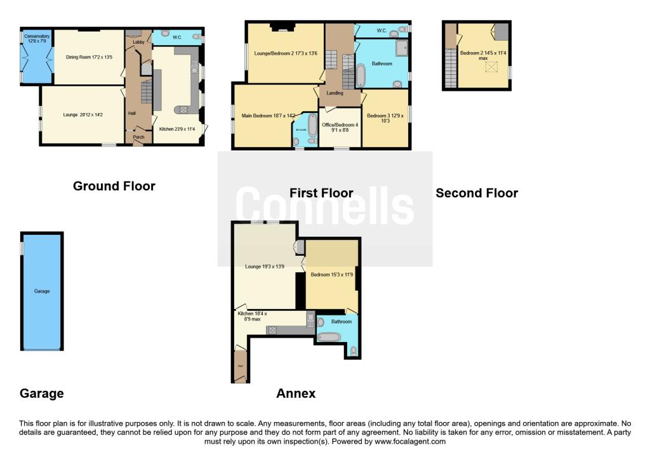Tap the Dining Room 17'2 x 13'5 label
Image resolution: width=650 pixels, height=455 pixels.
click(89, 57)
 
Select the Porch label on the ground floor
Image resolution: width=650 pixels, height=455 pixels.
click(138, 137)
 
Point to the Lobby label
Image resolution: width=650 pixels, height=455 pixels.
click(138, 42)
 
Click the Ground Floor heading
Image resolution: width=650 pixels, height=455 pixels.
click(114, 186)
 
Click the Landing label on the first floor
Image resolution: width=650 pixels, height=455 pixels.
click(335, 93)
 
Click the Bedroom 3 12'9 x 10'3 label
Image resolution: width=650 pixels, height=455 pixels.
click(385, 119)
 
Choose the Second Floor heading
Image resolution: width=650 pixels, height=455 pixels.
click(477, 193)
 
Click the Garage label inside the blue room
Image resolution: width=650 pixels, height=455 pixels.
click(42, 291)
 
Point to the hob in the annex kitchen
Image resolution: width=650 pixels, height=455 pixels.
click(273, 329)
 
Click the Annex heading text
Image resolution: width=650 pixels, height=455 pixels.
click(296, 393)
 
